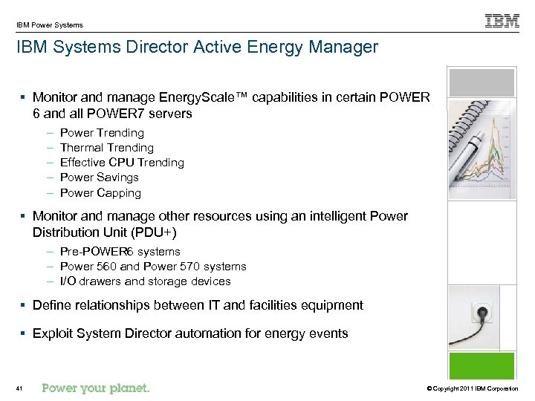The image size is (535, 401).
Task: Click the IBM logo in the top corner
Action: pos(502,22)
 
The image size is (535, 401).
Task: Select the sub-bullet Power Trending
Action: pos(102,133)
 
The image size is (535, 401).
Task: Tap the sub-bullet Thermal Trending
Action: pos(106,148)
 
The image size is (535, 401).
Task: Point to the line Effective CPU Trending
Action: pos(122,163)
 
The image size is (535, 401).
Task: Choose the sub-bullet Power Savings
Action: pos(99,177)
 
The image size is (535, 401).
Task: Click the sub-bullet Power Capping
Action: pos(100,193)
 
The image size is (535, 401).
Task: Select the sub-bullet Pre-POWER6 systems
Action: pos(120,252)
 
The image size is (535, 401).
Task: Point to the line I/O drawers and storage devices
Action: pos(145,281)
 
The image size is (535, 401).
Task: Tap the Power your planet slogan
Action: pos(96,388)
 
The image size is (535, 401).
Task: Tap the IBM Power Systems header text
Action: pos(50,25)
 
